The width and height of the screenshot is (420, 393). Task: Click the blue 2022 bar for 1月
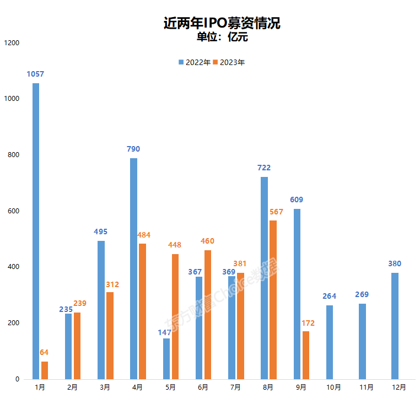(36, 231)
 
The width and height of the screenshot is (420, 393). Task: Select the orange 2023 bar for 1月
(45, 370)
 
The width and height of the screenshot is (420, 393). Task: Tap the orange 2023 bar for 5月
(175, 316)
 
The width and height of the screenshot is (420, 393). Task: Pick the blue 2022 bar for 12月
(395, 326)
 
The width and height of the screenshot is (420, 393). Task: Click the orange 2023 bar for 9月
(305, 355)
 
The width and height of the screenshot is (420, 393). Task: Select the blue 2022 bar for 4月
(133, 268)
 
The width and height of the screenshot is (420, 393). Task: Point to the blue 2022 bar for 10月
(330, 342)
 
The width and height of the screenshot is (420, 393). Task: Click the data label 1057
(35, 74)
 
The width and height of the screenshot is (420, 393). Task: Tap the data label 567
(277, 212)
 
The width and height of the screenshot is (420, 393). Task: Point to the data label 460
(207, 241)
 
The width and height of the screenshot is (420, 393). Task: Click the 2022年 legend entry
(194, 62)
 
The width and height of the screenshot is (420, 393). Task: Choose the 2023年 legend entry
(228, 62)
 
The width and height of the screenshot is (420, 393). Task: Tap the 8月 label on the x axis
(268, 387)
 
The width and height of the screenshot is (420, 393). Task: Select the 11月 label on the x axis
(365, 387)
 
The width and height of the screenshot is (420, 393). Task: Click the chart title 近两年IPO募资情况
(222, 23)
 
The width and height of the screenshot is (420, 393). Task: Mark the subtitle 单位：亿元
(223, 37)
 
